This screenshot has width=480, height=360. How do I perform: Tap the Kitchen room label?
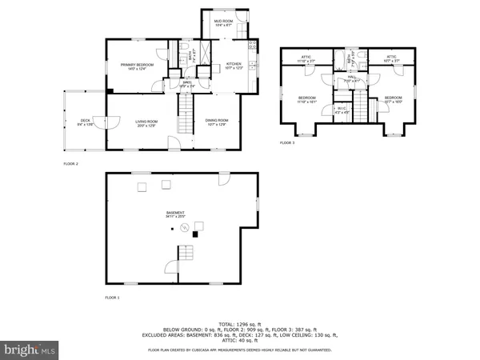[x=233, y=66]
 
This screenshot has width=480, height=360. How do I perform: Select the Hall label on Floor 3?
[x=351, y=78]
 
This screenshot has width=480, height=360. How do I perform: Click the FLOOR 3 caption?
[x=287, y=142]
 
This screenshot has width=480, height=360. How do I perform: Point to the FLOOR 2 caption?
[x=70, y=163]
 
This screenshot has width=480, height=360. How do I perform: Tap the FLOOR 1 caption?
[x=112, y=297]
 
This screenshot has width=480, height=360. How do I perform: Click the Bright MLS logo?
[x=30, y=350]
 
